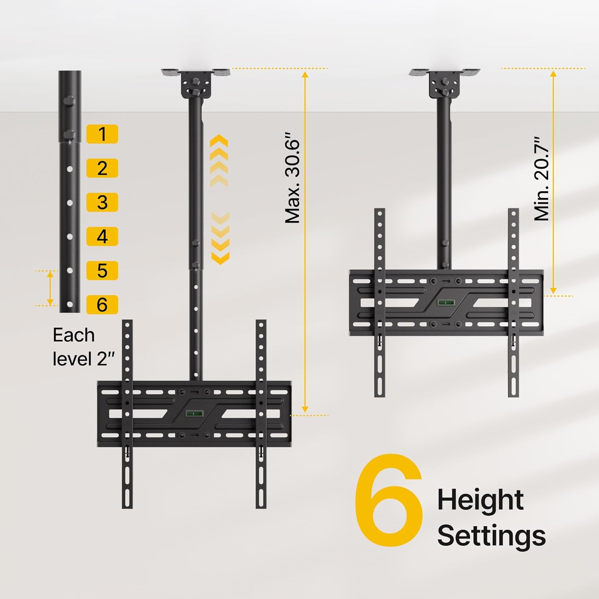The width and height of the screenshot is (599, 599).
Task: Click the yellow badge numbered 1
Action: tap(102, 134)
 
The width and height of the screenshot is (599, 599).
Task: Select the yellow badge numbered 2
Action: tap(102, 168)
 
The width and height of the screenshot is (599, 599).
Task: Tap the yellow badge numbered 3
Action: tap(102, 202)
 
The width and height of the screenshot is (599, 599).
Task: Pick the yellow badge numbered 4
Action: tap(102, 236)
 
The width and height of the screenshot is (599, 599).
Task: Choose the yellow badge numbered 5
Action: tap(102, 270)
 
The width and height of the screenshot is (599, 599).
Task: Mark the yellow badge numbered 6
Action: tap(102, 305)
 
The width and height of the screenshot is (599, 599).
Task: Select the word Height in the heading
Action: tap(480, 500)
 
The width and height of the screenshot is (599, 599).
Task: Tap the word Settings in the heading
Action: tap(491, 536)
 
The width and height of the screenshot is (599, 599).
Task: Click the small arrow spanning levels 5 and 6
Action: tap(50, 288)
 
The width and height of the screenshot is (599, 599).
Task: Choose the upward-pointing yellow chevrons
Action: tap(219, 161)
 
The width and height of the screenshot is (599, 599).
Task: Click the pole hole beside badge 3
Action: tap(70, 203)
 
